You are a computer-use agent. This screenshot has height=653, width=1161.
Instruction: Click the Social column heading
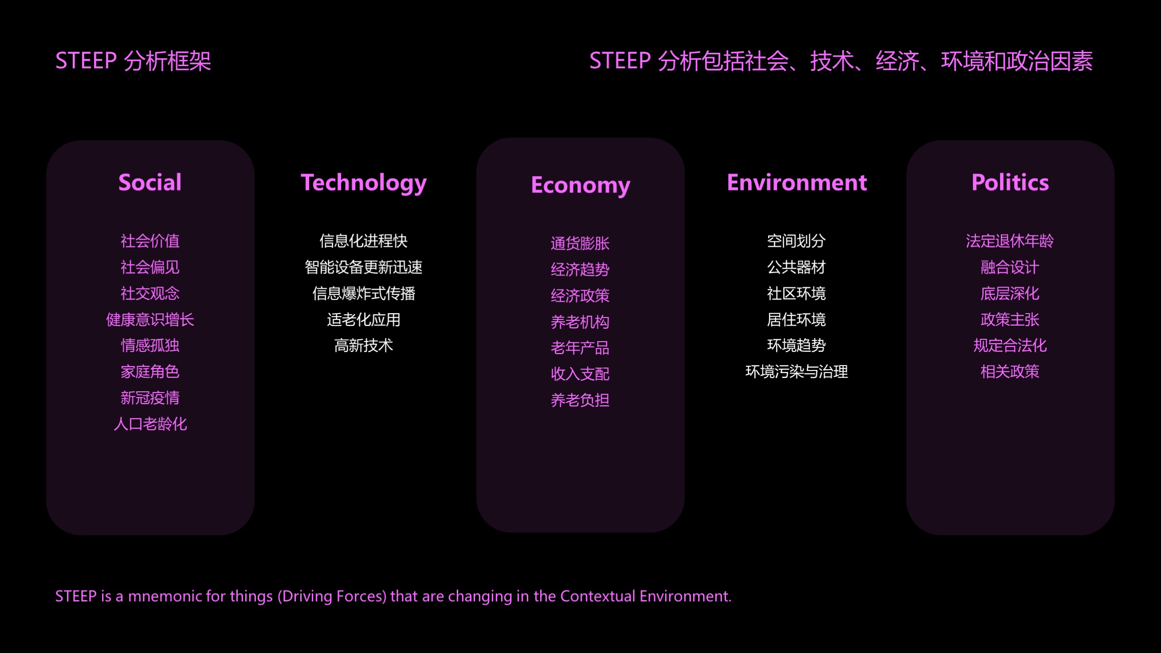coord(150,182)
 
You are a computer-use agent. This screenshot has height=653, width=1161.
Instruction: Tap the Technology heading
coord(364,183)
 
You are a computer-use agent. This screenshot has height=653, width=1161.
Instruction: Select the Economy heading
coord(580,185)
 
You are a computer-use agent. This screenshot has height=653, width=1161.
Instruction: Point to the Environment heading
coord(797,182)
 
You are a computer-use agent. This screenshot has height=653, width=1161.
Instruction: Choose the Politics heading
coord(1010,182)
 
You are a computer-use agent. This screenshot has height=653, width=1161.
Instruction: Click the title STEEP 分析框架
coord(133,61)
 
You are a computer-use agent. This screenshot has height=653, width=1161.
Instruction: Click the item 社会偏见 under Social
coord(150,267)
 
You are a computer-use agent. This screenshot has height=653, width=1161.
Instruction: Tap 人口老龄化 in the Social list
coord(150,424)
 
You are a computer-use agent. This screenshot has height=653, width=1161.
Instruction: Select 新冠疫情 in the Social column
coord(150,398)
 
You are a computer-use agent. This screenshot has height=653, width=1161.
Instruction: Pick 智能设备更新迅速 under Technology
coord(364,267)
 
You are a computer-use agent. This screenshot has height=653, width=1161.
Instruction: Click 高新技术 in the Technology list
coord(364,346)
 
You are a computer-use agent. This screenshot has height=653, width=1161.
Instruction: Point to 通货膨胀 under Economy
coord(580,244)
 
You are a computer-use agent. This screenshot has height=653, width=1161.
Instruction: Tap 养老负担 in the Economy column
coord(580,400)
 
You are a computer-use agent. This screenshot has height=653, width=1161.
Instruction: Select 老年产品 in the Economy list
coord(580,348)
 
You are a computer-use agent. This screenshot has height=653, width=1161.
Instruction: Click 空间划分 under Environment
coord(796,241)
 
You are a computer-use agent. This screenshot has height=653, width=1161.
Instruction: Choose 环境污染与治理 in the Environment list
coord(796,372)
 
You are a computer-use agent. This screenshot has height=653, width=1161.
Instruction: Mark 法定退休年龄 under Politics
coord(1010,241)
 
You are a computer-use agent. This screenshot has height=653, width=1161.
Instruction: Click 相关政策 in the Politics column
coord(1010,372)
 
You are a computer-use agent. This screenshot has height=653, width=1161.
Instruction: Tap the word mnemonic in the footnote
coord(164,596)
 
